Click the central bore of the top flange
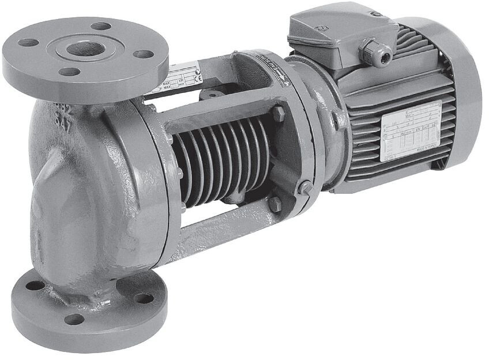click(85, 49)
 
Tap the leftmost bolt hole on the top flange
click(28, 43)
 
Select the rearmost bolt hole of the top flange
click(100, 26)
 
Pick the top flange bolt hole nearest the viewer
click(69, 72)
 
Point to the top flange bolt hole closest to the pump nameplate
click(142, 54)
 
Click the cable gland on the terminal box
click(375, 53)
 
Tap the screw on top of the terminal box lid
click(375, 13)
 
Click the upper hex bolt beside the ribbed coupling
click(279, 113)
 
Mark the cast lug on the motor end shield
click(338, 118)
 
